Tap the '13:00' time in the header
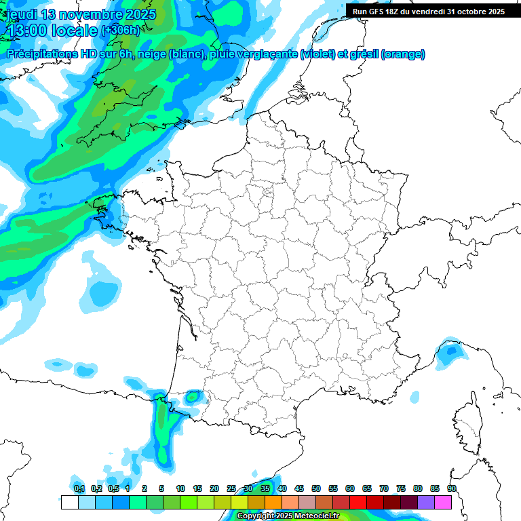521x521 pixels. tap(26, 31)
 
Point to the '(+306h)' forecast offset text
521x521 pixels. tap(120, 31)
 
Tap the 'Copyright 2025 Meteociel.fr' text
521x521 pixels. tap(288, 516)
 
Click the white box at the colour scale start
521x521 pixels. tap(69, 503)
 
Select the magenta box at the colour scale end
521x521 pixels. tap(443, 503)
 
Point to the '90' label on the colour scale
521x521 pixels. tap(451, 488)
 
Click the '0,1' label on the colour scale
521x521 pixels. tap(79, 488)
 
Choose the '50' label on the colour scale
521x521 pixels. tap(316, 488)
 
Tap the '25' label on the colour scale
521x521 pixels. tap(231, 488)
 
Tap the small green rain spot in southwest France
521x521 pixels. tap(193, 395)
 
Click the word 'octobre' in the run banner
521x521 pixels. tap(474, 12)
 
